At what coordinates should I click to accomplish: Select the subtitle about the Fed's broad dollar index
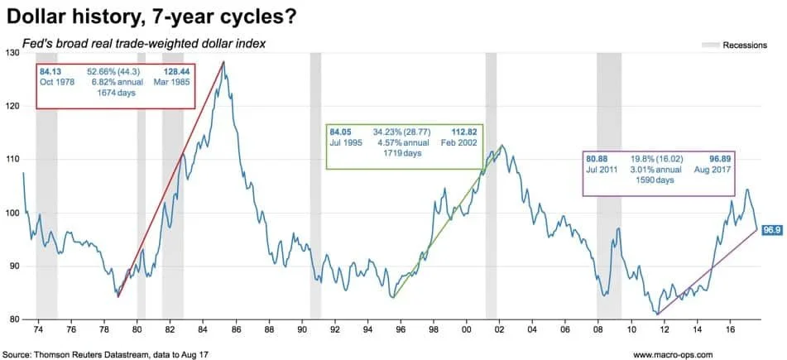[144, 42]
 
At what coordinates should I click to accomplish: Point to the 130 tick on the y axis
[12, 52]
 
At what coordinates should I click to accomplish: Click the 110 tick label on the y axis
[12, 159]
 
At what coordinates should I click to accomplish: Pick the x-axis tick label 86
[237, 328]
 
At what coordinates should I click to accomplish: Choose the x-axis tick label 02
[500, 328]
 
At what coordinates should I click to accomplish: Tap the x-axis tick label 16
[729, 328]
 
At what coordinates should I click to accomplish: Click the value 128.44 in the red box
[174, 72]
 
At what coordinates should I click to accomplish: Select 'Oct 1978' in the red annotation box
[56, 83]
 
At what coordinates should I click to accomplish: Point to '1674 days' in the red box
[115, 94]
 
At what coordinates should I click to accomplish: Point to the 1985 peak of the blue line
[223, 62]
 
